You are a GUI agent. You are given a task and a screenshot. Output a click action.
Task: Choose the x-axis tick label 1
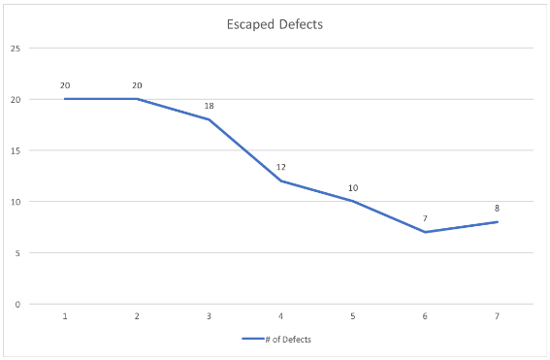pyautogui.click(x=64, y=315)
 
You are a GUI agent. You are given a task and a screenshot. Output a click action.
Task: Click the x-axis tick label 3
pyautogui.click(x=209, y=315)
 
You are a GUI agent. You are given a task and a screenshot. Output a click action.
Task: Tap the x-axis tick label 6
pyautogui.click(x=425, y=315)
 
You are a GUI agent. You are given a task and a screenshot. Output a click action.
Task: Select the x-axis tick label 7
pyautogui.click(x=498, y=315)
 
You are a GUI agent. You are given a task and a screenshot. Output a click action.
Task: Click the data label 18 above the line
pyautogui.click(x=209, y=105)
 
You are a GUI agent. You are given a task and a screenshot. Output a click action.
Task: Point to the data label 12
pyautogui.click(x=280, y=167)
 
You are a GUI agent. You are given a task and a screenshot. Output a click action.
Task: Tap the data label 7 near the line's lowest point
pyautogui.click(x=425, y=218)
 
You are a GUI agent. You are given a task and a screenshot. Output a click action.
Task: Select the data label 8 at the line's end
pyautogui.click(x=498, y=208)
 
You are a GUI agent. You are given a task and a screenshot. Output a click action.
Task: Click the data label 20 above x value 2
pyautogui.click(x=137, y=85)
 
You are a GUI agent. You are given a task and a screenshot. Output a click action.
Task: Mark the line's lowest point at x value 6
pyautogui.click(x=425, y=232)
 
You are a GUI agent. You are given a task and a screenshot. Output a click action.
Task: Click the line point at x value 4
pyautogui.click(x=280, y=180)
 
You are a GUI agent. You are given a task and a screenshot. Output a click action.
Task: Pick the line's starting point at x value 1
pyautogui.click(x=65, y=99)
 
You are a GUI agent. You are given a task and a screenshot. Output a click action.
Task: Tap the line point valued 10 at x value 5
pyautogui.click(x=353, y=201)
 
